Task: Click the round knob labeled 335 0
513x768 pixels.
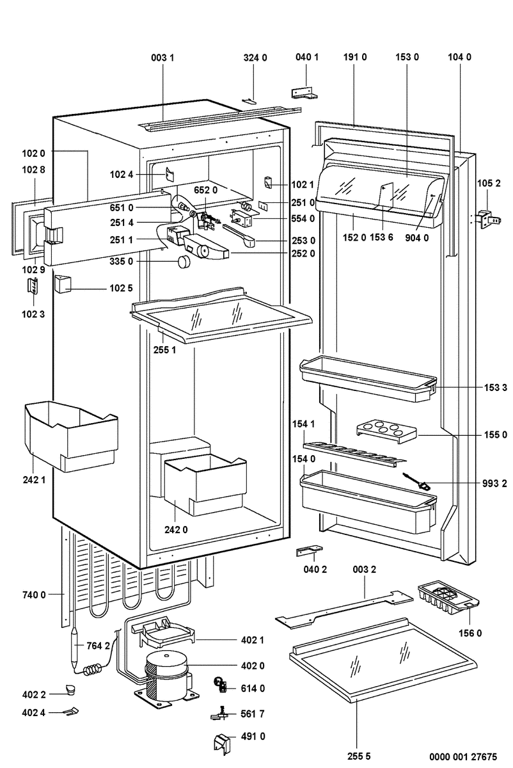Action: (184, 261)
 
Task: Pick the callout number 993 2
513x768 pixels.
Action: (496, 483)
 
